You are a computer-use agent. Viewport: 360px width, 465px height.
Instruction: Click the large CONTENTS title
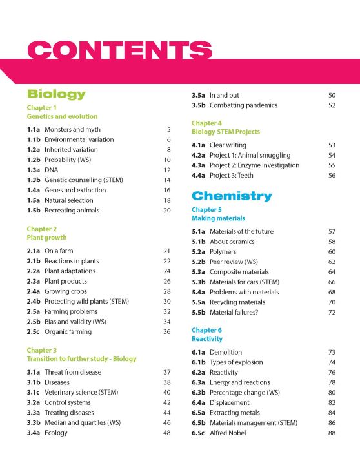120,51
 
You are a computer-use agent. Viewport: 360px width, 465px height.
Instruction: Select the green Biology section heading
56,94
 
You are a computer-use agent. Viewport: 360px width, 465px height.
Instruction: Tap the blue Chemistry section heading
232,196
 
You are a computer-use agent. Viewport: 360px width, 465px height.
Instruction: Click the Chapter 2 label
42,229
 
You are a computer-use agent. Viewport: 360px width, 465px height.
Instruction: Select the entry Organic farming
68,331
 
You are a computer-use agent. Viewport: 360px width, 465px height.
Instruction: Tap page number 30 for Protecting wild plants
166,301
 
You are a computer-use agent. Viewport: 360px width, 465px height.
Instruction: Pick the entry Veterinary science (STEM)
81,392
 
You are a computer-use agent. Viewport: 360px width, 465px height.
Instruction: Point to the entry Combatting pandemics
243,105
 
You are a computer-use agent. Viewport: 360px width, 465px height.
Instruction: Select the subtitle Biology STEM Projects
225,132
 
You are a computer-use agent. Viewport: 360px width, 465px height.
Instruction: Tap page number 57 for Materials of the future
332,231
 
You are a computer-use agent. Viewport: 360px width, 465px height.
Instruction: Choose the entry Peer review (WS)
237,262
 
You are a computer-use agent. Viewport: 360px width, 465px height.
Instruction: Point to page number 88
332,433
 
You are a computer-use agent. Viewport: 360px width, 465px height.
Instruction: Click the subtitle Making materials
218,218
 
